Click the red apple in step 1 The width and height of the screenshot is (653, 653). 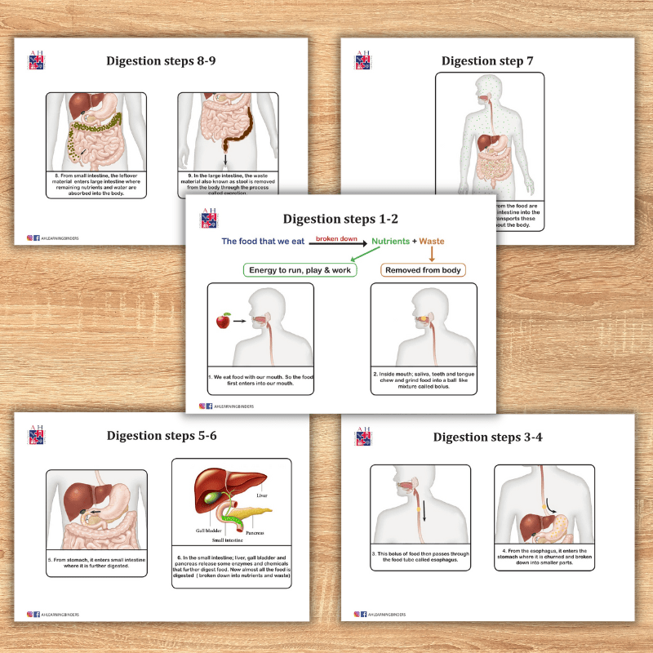[223, 322]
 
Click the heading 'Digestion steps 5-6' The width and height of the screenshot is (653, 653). [161, 436]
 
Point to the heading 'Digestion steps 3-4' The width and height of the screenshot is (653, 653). [488, 437]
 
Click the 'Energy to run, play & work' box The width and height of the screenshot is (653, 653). [300, 269]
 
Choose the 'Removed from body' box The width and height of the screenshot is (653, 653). [423, 269]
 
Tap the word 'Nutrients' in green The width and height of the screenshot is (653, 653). [390, 242]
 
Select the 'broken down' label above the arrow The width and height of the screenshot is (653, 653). [336, 238]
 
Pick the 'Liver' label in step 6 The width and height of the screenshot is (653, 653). [261, 495]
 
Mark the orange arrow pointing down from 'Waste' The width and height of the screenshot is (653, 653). [430, 255]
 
